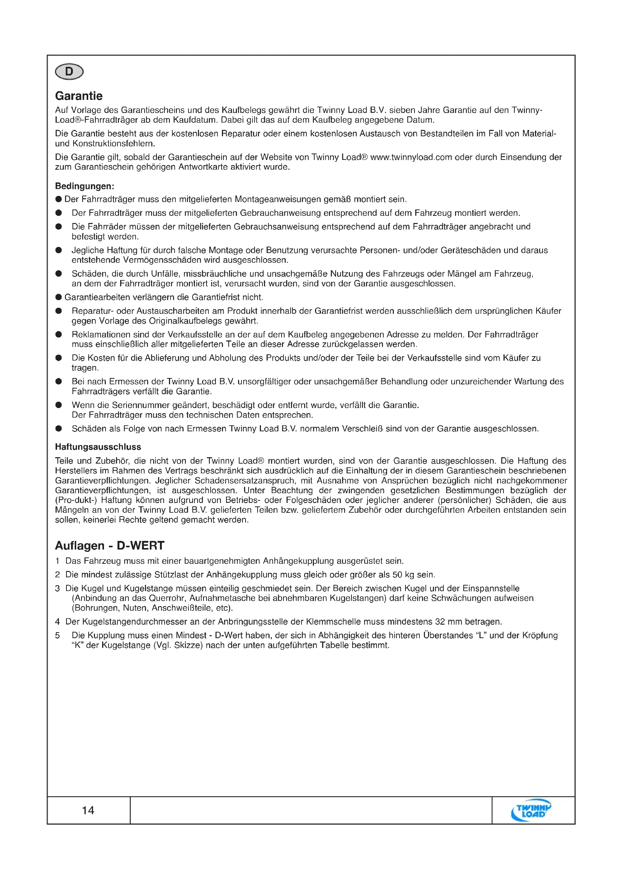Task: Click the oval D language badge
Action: pos(69,72)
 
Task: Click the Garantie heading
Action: pos(79,96)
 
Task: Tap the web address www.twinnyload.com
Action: pos(411,157)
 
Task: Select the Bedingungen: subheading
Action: pos(84,186)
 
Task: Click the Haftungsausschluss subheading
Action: pos(98,447)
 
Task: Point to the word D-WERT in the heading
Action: pos(140,545)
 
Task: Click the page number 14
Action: pos(88,810)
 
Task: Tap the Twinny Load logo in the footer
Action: pos(531,810)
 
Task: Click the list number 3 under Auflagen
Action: pos(57,588)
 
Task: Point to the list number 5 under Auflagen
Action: pos(57,635)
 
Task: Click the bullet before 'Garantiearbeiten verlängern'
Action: pos(59,297)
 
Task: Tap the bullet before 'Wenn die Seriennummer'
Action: pos(59,405)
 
